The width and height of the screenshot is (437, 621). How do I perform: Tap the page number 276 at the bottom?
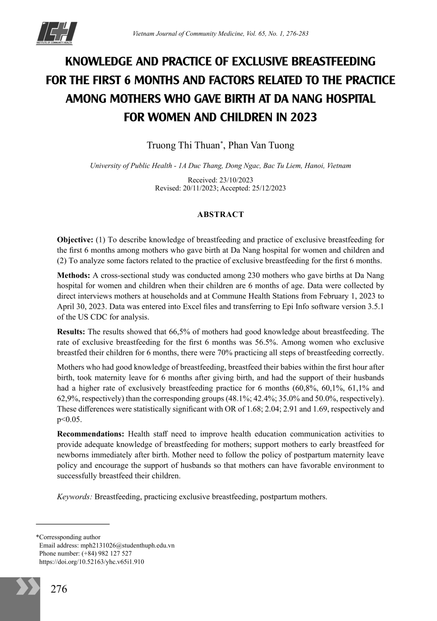pyautogui.click(x=59, y=589)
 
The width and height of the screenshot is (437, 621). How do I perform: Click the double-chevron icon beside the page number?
pyautogui.click(x=27, y=587)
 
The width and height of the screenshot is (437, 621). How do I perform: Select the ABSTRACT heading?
pyautogui.click(x=220, y=214)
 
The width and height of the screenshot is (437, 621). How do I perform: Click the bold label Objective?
pyautogui.click(x=75, y=240)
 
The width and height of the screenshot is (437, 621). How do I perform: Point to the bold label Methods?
pyautogui.click(x=74, y=275)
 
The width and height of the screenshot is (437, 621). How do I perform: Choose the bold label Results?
pyautogui.click(x=71, y=332)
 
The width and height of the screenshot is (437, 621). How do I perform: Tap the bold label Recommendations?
pyautogui.click(x=91, y=434)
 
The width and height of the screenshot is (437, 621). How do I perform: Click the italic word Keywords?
pyautogui.click(x=75, y=497)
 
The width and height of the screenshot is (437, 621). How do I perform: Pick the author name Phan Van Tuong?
pyautogui.click(x=261, y=145)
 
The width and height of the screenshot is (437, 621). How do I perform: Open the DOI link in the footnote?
pyautogui.click(x=91, y=562)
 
